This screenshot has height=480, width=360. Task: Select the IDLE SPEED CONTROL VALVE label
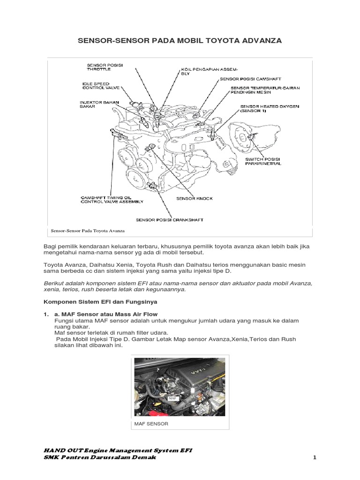tap(96, 85)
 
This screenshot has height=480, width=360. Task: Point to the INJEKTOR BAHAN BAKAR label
tap(93, 104)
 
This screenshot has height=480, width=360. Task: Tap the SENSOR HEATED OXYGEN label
tap(262, 109)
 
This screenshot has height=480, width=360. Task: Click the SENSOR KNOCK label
tap(194, 198)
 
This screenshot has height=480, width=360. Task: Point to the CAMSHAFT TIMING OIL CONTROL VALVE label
tap(112, 200)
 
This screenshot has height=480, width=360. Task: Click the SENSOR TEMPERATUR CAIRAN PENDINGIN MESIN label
tap(265, 90)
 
